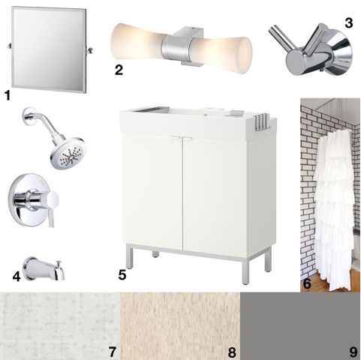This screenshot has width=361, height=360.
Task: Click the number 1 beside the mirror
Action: (8, 95)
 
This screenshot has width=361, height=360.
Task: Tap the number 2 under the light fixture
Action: (119, 70)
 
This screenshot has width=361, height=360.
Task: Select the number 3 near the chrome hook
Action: (348, 22)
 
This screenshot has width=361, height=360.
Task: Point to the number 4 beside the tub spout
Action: (17, 277)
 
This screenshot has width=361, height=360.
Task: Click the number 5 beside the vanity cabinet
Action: (122, 275)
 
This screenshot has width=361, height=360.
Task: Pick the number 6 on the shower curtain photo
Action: (307, 283)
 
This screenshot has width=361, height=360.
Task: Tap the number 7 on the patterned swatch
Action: (113, 352)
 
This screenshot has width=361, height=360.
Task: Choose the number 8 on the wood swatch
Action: (232, 352)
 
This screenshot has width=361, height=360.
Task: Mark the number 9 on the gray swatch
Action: (353, 352)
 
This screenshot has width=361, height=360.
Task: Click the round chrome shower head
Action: (68, 152)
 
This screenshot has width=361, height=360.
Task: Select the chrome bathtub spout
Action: (44, 268)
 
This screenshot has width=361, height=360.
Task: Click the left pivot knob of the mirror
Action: (9, 46)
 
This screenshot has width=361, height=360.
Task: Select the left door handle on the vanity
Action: (176, 138)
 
